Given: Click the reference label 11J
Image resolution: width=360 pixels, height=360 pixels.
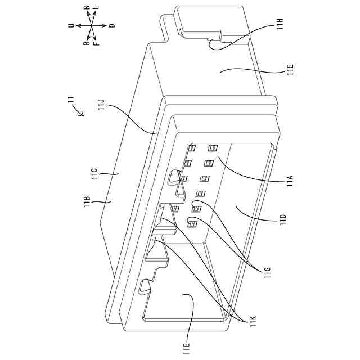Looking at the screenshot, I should (101, 104).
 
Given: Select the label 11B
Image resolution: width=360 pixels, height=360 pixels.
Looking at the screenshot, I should (88, 202).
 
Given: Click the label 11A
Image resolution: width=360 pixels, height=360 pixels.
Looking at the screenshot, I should (290, 181).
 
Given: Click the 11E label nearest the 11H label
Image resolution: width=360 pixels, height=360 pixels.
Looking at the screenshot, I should (290, 71).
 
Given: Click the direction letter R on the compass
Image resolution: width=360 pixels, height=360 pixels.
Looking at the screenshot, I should (86, 43).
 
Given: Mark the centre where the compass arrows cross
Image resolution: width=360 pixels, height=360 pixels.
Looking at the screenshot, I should (91, 26).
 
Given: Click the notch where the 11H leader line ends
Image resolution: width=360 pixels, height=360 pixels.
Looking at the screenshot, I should (210, 42).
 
